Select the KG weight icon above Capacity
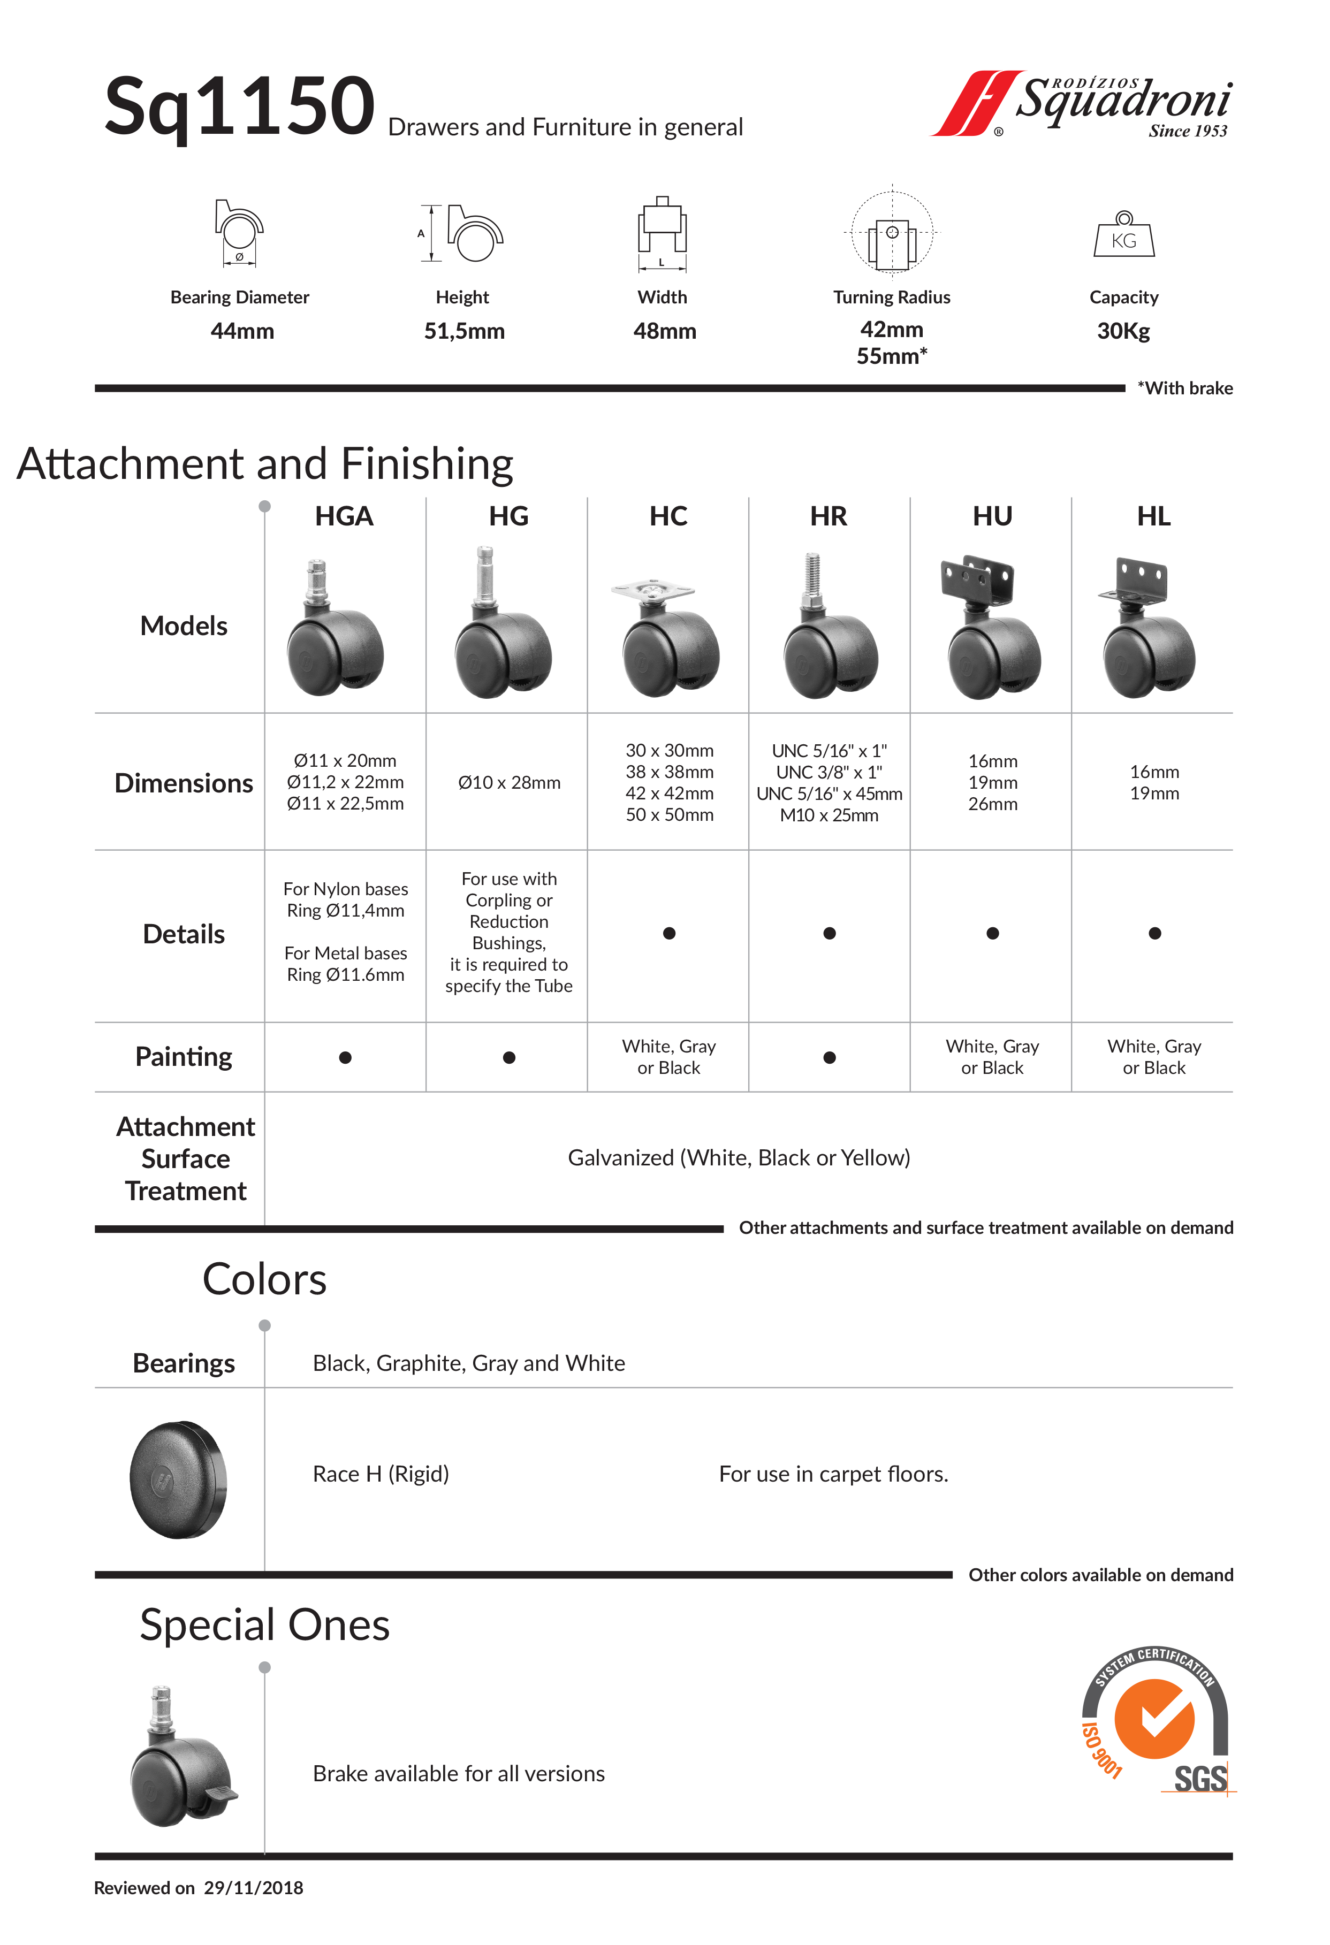click(1123, 235)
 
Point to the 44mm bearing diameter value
click(242, 331)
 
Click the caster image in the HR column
click(830, 628)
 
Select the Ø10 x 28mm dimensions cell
click(509, 782)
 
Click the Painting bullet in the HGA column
click(345, 1058)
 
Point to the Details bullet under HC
click(669, 933)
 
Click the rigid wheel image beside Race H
click(178, 1479)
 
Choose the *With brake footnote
click(1184, 388)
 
